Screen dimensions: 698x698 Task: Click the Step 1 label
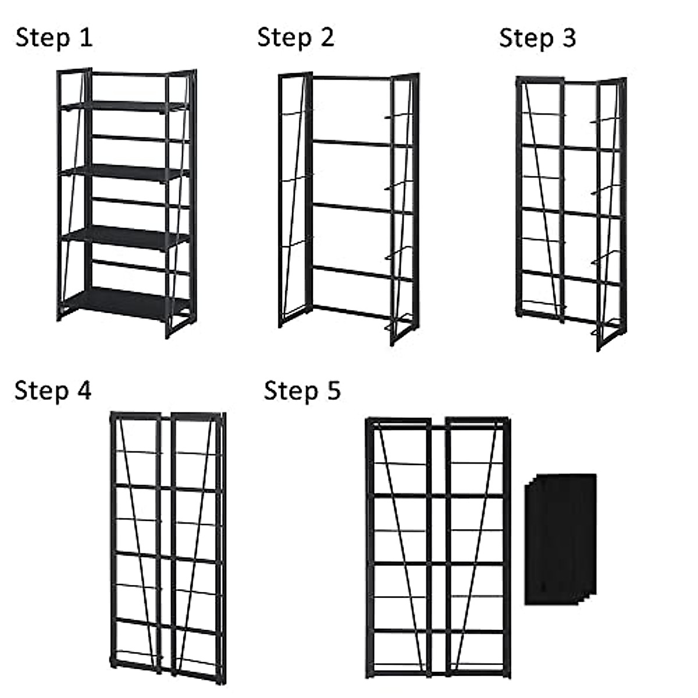tap(54, 38)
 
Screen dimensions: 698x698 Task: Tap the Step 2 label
tap(295, 38)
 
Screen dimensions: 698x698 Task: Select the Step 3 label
tap(537, 38)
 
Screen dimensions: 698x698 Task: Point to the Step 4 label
tap(53, 390)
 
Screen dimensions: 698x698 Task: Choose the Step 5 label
tap(302, 390)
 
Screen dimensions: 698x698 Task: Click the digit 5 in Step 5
tap(333, 390)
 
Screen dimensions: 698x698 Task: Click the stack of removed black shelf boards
tap(560, 539)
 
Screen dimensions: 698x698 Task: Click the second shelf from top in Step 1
tap(125, 172)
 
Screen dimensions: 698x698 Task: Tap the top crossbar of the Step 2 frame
tap(352, 78)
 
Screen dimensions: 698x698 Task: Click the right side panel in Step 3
tap(611, 212)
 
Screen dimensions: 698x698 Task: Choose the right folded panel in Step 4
tap(198, 547)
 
